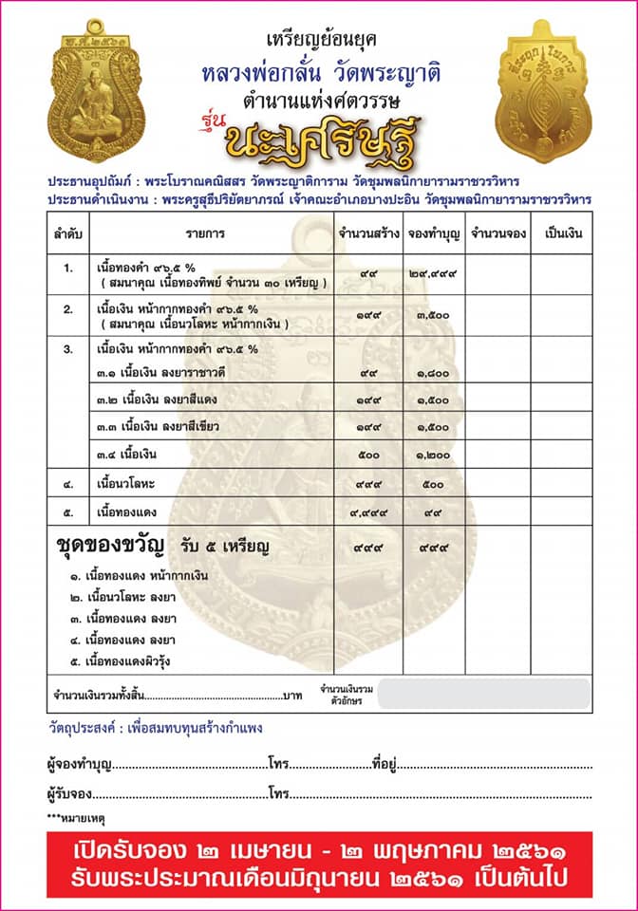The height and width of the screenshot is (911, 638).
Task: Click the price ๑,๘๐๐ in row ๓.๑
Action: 432,375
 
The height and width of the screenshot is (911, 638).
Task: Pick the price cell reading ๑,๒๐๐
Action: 432,455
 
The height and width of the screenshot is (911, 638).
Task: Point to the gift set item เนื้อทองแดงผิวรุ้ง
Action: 139,660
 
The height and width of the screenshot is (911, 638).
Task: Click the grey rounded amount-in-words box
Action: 485,693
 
